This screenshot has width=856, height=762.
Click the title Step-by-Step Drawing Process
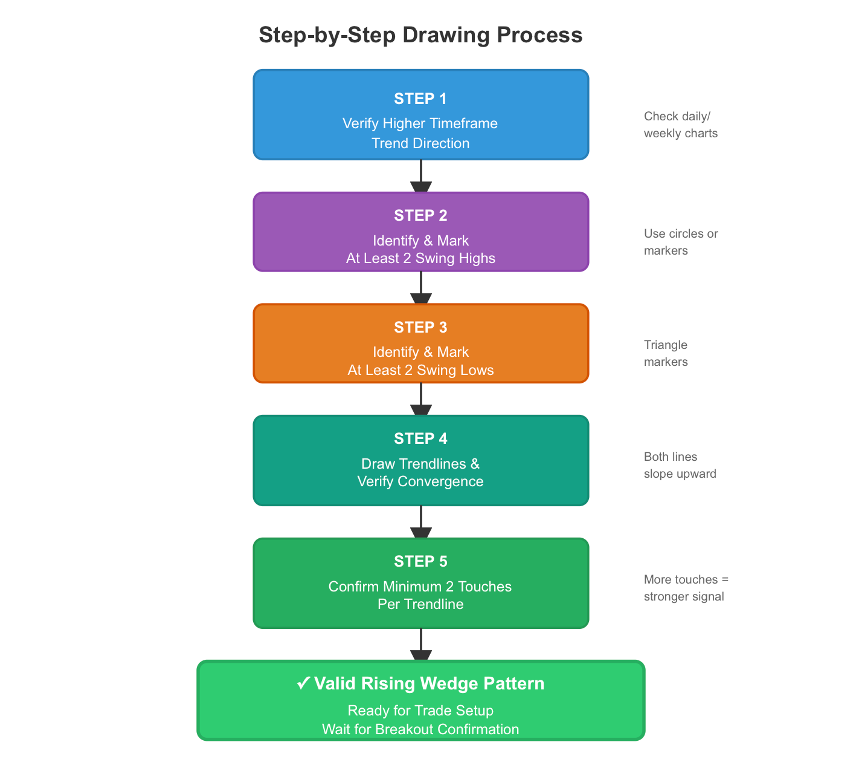[x=420, y=34]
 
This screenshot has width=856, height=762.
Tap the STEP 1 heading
[x=420, y=99]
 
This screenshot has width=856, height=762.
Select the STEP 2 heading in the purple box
[x=420, y=215]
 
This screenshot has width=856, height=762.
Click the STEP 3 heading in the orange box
[x=420, y=327]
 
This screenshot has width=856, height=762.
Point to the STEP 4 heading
[x=420, y=438]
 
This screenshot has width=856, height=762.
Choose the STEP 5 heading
[x=420, y=561]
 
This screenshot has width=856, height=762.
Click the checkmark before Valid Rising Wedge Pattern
[x=303, y=683]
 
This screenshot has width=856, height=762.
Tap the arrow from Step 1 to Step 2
[x=421, y=176]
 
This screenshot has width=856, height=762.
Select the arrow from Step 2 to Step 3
[x=421, y=288]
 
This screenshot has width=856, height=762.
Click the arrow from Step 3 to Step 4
[x=421, y=399]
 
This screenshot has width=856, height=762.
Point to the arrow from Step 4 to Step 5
[x=421, y=522]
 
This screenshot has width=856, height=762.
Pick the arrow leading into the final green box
[x=421, y=645]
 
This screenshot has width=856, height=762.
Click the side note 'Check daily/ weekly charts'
[x=681, y=125]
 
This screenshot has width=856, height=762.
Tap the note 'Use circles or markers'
[x=681, y=241]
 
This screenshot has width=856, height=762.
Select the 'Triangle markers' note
[x=666, y=353]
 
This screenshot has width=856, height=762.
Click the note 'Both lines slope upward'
[x=680, y=465]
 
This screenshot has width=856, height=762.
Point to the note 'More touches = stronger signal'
[x=686, y=588]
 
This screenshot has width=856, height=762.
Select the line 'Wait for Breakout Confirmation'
[x=420, y=729]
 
